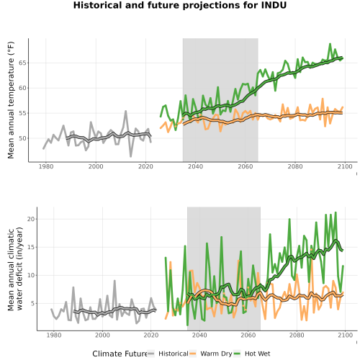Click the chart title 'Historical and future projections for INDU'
pos(180,5)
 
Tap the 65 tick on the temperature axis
pos(22,63)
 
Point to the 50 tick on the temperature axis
pos(22,138)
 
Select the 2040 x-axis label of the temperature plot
pos(195,166)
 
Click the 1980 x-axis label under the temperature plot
pos(46,166)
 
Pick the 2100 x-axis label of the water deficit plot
pos(345,335)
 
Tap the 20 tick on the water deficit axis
pos(30,219)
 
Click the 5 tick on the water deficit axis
pos(32,303)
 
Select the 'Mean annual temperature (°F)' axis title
pos(11,100)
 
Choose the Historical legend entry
pos(168,354)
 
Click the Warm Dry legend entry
pos(211,354)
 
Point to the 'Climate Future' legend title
pos(120,354)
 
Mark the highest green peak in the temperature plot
pos(330,44)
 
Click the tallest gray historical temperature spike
pos(125,111)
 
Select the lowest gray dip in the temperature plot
pos(131,156)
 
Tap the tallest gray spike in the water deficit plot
pos(114,281)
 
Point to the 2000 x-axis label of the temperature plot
pos(96,166)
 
